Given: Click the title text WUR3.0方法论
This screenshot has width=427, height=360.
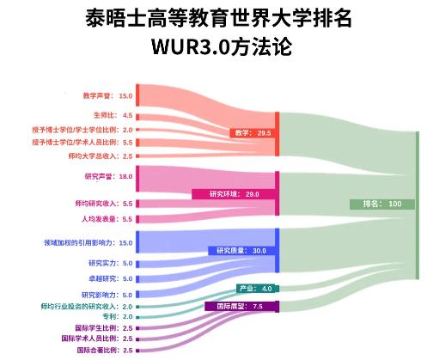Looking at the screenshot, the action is [x=222, y=46].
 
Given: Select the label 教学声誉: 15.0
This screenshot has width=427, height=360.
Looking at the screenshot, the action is [x=107, y=95].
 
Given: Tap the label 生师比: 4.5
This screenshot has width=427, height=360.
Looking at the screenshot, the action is [x=113, y=115].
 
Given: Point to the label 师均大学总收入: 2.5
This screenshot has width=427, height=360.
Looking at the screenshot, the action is [x=101, y=156].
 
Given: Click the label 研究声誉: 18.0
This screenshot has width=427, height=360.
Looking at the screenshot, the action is [x=108, y=176].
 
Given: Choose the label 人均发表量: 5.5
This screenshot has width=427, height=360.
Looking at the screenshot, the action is [x=107, y=219].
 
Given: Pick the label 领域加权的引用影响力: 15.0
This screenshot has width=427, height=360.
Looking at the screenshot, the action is [x=88, y=243].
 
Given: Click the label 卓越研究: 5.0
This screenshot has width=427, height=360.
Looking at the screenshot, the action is [x=111, y=278].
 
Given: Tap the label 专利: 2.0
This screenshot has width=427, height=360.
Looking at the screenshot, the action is [x=118, y=316].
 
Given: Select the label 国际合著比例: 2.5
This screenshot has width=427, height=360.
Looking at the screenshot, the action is [x=105, y=351].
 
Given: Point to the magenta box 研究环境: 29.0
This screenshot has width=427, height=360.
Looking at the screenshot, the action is [x=234, y=194].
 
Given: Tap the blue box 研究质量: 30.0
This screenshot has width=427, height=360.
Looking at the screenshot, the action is [x=241, y=251].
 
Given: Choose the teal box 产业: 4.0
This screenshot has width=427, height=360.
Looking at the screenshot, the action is [x=256, y=289].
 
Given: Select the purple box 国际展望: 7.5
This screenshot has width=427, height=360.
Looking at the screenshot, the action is [x=241, y=306].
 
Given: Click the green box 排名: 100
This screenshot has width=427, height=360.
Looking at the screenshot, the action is [x=382, y=204].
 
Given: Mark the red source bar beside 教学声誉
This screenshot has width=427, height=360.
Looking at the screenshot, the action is [x=137, y=95].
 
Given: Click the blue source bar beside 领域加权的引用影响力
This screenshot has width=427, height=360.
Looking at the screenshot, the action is [x=137, y=242].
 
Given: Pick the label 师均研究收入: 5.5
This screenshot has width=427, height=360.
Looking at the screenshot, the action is [x=104, y=204].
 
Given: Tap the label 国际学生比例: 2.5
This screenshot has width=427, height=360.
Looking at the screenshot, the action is [x=104, y=328].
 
